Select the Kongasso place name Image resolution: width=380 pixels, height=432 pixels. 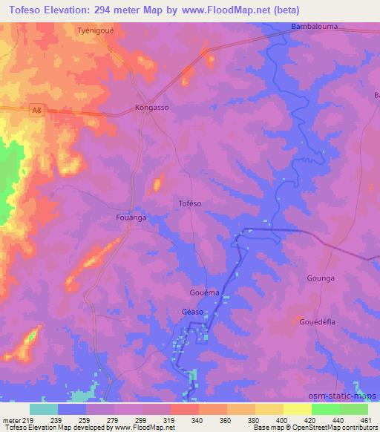[x=153, y=107]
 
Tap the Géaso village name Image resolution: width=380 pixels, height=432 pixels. [x=192, y=312]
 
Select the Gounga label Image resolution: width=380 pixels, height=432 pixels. [x=321, y=278]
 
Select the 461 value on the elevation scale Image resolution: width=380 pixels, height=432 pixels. [x=365, y=420]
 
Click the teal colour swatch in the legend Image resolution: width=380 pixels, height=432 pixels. [x=44, y=409]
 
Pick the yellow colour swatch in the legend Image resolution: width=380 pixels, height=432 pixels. [x=297, y=409]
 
